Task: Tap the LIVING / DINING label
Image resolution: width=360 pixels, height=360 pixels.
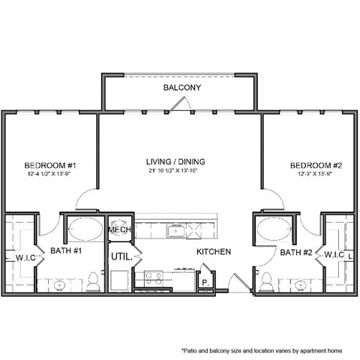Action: (x=176, y=161)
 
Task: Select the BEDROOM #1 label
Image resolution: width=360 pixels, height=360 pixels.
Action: (x=50, y=165)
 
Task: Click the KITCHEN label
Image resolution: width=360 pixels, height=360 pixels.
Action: (x=214, y=252)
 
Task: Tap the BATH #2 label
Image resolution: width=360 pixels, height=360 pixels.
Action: (x=294, y=253)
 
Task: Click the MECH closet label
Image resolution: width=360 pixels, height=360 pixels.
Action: (x=120, y=229)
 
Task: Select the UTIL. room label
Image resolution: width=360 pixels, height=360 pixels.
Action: (x=121, y=257)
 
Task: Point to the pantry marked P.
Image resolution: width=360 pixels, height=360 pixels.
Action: (x=205, y=282)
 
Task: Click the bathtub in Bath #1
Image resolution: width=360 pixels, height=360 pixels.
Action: (x=83, y=228)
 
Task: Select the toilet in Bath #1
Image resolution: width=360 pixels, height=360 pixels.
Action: (x=93, y=281)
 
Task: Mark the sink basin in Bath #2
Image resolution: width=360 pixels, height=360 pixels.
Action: (x=301, y=284)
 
